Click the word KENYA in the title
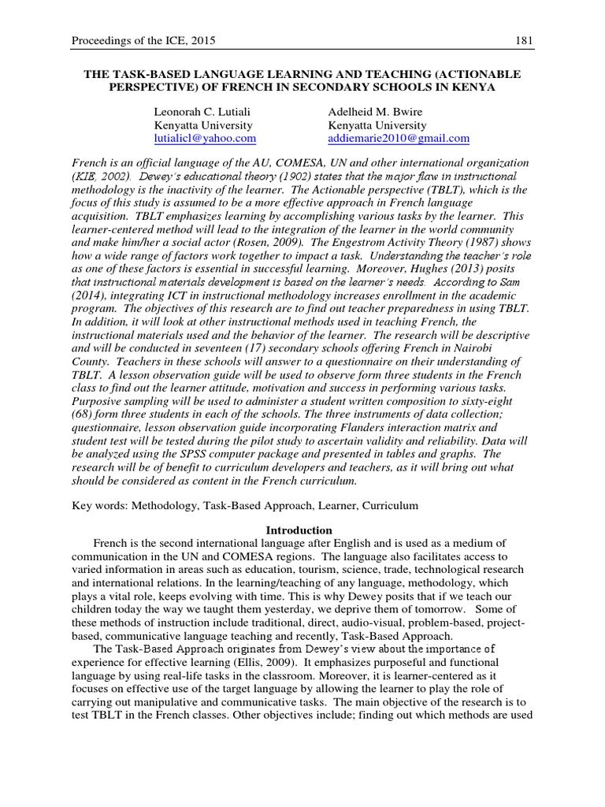(x=473, y=87)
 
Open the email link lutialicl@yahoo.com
(x=206, y=138)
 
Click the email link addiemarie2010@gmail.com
(x=399, y=138)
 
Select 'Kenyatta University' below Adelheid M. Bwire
(x=377, y=125)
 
